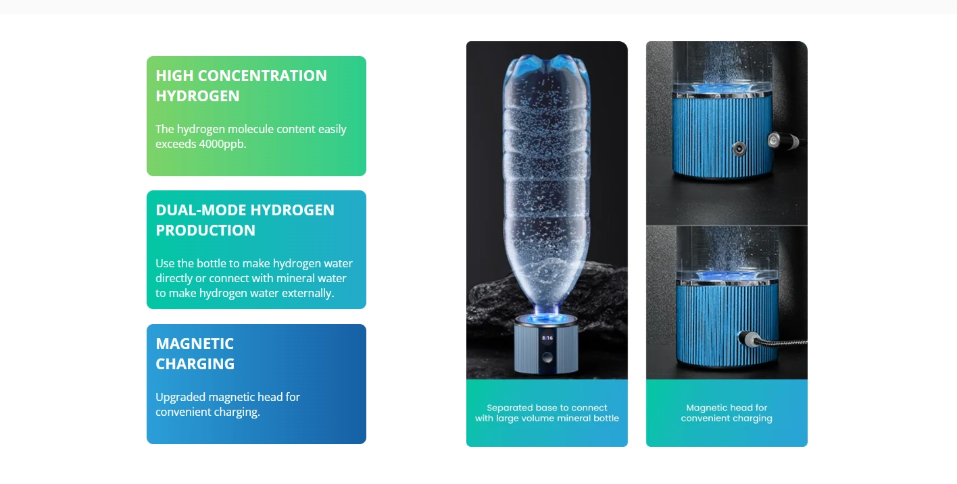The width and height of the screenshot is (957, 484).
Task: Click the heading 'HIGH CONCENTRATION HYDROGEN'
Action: [x=241, y=86]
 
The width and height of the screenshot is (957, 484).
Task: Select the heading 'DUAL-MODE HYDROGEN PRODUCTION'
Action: [x=245, y=220]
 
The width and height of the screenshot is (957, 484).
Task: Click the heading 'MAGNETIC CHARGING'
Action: [x=195, y=354]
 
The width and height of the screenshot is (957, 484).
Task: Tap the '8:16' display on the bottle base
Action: [x=547, y=338]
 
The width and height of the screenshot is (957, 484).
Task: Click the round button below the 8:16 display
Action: [x=547, y=357]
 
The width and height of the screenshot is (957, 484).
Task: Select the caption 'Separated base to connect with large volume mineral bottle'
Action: [x=547, y=413]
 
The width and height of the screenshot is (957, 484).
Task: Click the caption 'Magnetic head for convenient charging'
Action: [x=727, y=413]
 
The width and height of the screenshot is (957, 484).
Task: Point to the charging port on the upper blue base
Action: [x=739, y=149]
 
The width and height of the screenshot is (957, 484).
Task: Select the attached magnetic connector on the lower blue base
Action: [x=749, y=339]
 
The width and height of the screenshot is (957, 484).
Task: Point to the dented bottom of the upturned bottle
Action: [x=547, y=63]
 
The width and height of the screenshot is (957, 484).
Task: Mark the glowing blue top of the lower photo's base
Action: [x=727, y=276]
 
